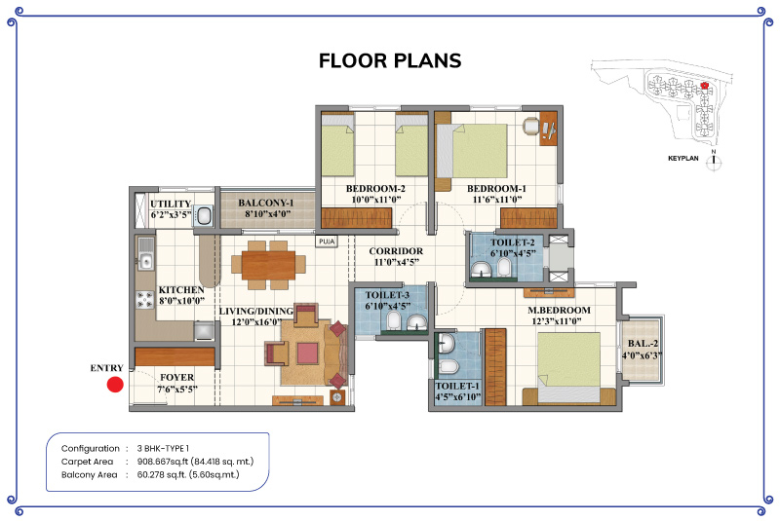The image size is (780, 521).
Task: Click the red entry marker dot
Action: coord(115,385)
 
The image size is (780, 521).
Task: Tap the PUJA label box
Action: coord(327,242)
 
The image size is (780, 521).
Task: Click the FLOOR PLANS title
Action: coord(390,60)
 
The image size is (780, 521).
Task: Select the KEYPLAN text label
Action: coord(683,159)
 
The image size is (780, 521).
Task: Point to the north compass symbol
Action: coord(714,160)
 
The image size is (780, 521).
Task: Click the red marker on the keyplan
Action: coord(704,86)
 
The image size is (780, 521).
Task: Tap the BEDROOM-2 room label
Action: coord(375,189)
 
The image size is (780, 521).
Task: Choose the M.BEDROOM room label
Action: coord(559,311)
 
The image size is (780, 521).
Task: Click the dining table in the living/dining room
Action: coord(269,265)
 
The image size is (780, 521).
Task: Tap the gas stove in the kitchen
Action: coord(145,300)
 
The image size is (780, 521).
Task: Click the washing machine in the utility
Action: coord(204,216)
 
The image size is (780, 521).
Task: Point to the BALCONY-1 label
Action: coord(265,203)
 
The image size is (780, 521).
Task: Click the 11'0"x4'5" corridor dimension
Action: coord(397,262)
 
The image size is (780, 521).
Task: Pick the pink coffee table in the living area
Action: coord(307,354)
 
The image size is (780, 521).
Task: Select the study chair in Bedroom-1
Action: coord(531,126)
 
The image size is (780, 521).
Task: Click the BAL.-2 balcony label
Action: coord(643,343)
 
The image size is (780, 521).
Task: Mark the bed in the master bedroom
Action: coord(569,367)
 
